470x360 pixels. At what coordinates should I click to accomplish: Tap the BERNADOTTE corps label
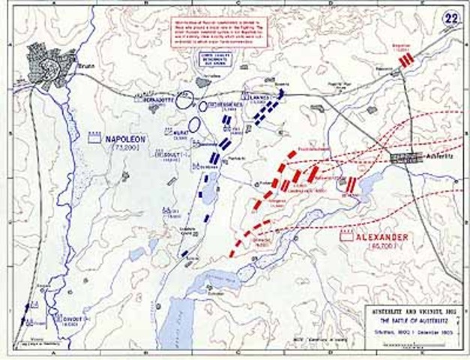point(155,98)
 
